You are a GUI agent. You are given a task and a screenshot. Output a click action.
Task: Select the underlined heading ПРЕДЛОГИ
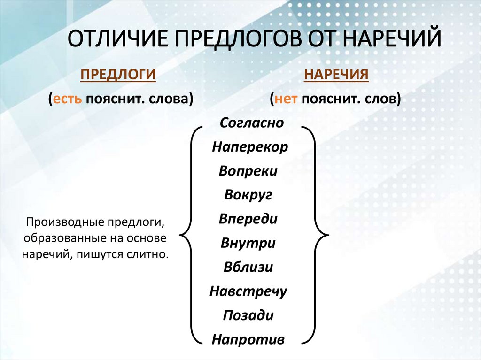118,75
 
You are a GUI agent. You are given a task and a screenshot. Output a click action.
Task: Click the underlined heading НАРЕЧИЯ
335,75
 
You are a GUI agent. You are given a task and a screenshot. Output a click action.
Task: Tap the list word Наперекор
249,147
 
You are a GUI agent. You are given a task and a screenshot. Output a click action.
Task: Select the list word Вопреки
248,171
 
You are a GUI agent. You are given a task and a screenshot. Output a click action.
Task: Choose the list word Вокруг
248,195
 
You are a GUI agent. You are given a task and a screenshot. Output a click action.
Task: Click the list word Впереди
248,219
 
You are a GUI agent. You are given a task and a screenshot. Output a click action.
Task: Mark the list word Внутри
248,244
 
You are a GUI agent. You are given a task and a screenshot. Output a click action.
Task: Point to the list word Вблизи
248,268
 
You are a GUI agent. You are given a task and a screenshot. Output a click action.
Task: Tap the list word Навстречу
248,291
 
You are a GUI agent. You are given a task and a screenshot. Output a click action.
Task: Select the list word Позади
248,315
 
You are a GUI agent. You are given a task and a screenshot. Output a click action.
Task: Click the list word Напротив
248,339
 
